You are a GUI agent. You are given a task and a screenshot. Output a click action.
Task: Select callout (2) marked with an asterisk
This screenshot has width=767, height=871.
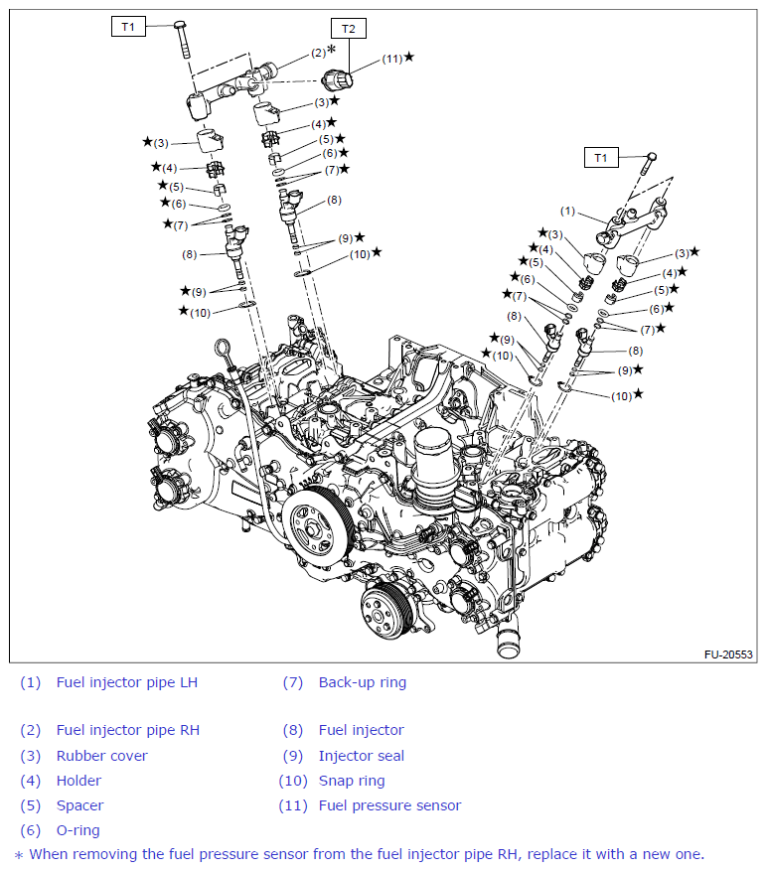[x=318, y=52]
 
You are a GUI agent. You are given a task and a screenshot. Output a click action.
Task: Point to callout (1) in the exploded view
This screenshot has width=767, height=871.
[x=567, y=211]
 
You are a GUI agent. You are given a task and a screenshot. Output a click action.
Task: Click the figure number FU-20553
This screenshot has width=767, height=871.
[x=728, y=655]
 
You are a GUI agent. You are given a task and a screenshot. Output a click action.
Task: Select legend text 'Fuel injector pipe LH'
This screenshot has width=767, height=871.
[x=126, y=682]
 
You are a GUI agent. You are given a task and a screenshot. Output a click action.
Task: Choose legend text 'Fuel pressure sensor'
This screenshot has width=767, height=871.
[x=389, y=805]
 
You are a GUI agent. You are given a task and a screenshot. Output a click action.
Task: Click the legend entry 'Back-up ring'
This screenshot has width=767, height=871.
[x=362, y=682]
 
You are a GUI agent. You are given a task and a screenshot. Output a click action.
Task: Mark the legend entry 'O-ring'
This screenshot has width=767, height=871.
[x=77, y=830]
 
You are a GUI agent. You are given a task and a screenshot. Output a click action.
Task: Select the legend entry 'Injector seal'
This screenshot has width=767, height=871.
[x=361, y=756]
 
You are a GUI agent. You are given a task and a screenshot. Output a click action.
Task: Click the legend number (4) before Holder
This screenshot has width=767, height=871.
[x=31, y=781]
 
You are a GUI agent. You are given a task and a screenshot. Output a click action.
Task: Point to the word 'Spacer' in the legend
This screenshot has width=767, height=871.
[x=79, y=805]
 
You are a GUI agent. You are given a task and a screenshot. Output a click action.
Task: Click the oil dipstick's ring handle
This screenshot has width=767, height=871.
[x=221, y=351]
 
